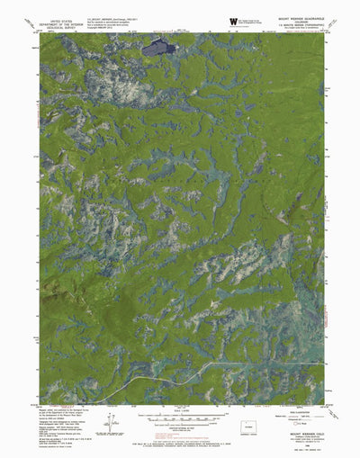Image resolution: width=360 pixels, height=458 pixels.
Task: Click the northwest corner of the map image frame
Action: coord(40,35)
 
